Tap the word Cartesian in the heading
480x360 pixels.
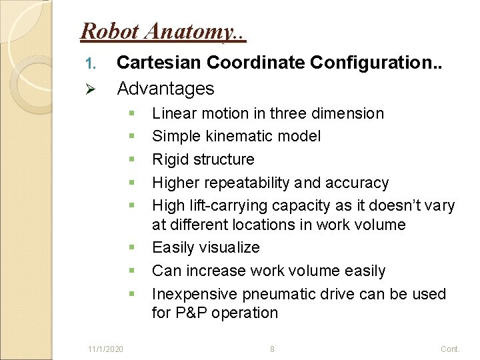coord(159,63)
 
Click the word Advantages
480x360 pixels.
coord(165,88)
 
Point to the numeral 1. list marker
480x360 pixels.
coord(92,63)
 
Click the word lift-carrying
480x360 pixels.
coord(227,205)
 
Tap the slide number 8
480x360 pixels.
coord(272,349)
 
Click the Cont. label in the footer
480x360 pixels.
coord(450,349)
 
